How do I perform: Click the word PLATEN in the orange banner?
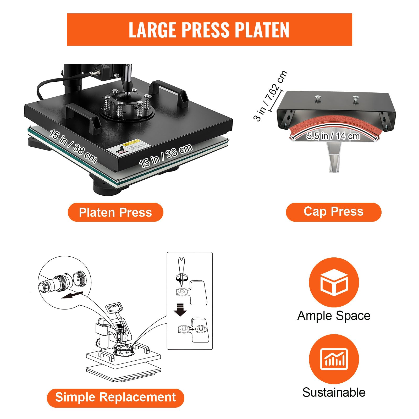262,30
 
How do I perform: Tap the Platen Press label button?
115,212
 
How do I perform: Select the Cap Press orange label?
333,212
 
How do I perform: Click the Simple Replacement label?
115,397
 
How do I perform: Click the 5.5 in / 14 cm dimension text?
333,136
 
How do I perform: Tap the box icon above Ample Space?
334,282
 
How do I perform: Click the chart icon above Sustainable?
334,359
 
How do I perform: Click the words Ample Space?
334,316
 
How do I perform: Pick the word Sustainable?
334,392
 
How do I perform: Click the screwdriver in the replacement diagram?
181,271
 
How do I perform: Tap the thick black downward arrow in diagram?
180,310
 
